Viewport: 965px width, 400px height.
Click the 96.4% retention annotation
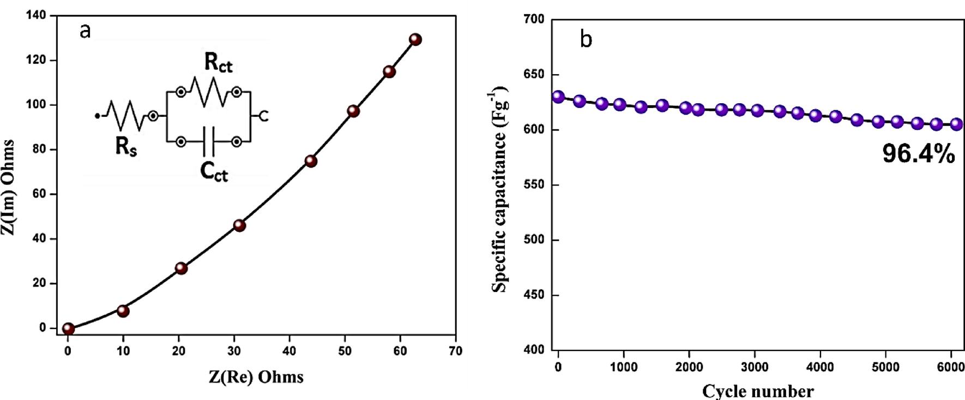[x=919, y=154]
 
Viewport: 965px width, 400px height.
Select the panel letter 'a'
[x=85, y=31]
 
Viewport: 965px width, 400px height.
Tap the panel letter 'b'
[x=586, y=39]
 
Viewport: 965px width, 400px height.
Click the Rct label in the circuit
[x=218, y=63]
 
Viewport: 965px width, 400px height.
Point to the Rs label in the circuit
[x=126, y=146]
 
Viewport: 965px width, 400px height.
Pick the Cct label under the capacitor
[x=214, y=172]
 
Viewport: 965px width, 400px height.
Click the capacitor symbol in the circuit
[x=209, y=141]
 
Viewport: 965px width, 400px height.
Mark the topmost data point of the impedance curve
[x=415, y=39]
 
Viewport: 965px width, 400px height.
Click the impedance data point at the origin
[x=68, y=329]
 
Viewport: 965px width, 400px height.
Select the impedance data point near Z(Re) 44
[x=311, y=161]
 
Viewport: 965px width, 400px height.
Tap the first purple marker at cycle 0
[x=558, y=97]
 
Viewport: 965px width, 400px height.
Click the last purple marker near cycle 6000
[x=956, y=124]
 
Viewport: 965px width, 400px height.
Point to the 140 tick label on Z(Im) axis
[x=37, y=15]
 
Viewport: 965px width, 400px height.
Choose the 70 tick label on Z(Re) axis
[x=455, y=351]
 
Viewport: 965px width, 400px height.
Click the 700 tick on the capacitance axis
[x=534, y=20]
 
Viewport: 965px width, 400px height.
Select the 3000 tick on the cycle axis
[x=755, y=367]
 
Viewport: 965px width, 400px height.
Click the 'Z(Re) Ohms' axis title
[x=256, y=377]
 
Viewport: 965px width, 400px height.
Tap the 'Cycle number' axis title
[x=758, y=391]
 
